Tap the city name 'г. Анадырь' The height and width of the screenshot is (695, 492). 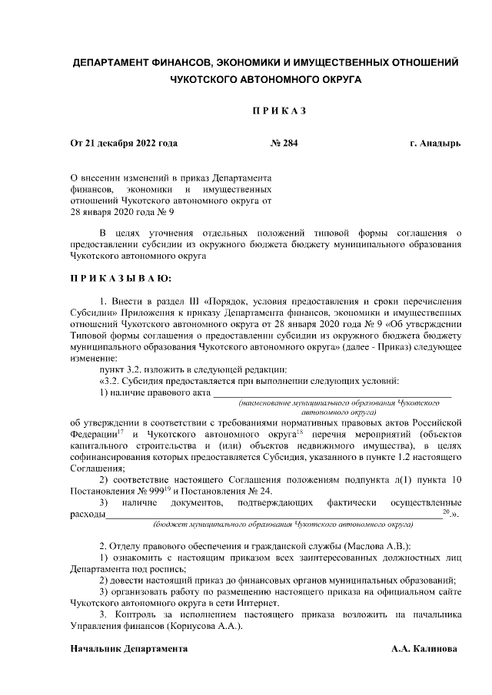(x=435, y=143)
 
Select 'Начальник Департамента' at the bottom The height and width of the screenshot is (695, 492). (x=128, y=648)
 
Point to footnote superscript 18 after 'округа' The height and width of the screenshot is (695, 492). (x=286, y=431)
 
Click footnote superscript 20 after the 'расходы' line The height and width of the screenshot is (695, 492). (x=447, y=511)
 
